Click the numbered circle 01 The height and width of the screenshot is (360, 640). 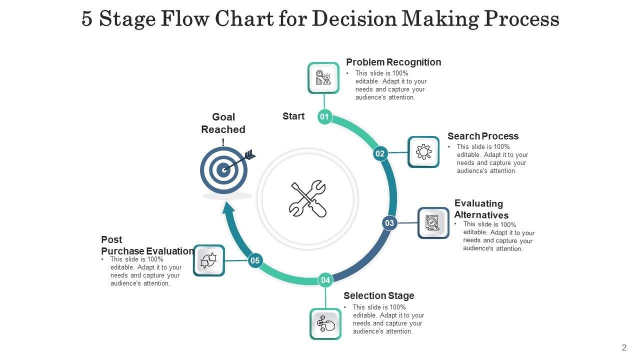tap(324, 117)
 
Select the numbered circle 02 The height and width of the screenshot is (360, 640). tap(380, 153)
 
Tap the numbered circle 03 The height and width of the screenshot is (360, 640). tap(389, 223)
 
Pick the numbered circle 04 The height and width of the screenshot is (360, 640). tap(325, 280)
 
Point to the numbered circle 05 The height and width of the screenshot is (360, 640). tap(255, 260)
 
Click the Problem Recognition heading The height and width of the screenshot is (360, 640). tap(393, 62)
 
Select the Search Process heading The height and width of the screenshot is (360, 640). tap(483, 136)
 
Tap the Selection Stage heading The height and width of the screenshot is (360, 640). tap(378, 295)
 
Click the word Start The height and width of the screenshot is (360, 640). tap(293, 116)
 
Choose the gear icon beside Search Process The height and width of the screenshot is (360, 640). tap(423, 151)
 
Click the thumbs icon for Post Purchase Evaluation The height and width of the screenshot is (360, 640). tap(208, 260)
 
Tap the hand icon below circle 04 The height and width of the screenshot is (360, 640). tap(325, 324)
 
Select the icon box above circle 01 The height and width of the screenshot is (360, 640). tap(323, 78)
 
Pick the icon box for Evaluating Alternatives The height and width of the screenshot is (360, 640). tap(433, 223)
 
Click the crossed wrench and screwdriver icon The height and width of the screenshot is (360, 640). tap(308, 198)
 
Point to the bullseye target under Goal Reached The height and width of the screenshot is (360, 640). tap(223, 170)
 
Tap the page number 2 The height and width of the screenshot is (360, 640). tap(624, 347)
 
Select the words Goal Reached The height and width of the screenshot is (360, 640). tap(223, 123)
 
